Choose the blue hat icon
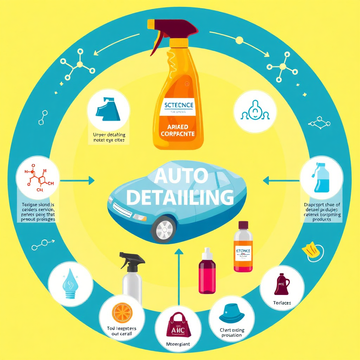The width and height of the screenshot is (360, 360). pyautogui.click(x=232, y=314)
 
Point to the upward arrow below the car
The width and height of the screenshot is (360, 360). pyautogui.click(x=179, y=274)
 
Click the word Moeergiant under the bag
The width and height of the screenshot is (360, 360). pyautogui.click(x=178, y=344)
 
